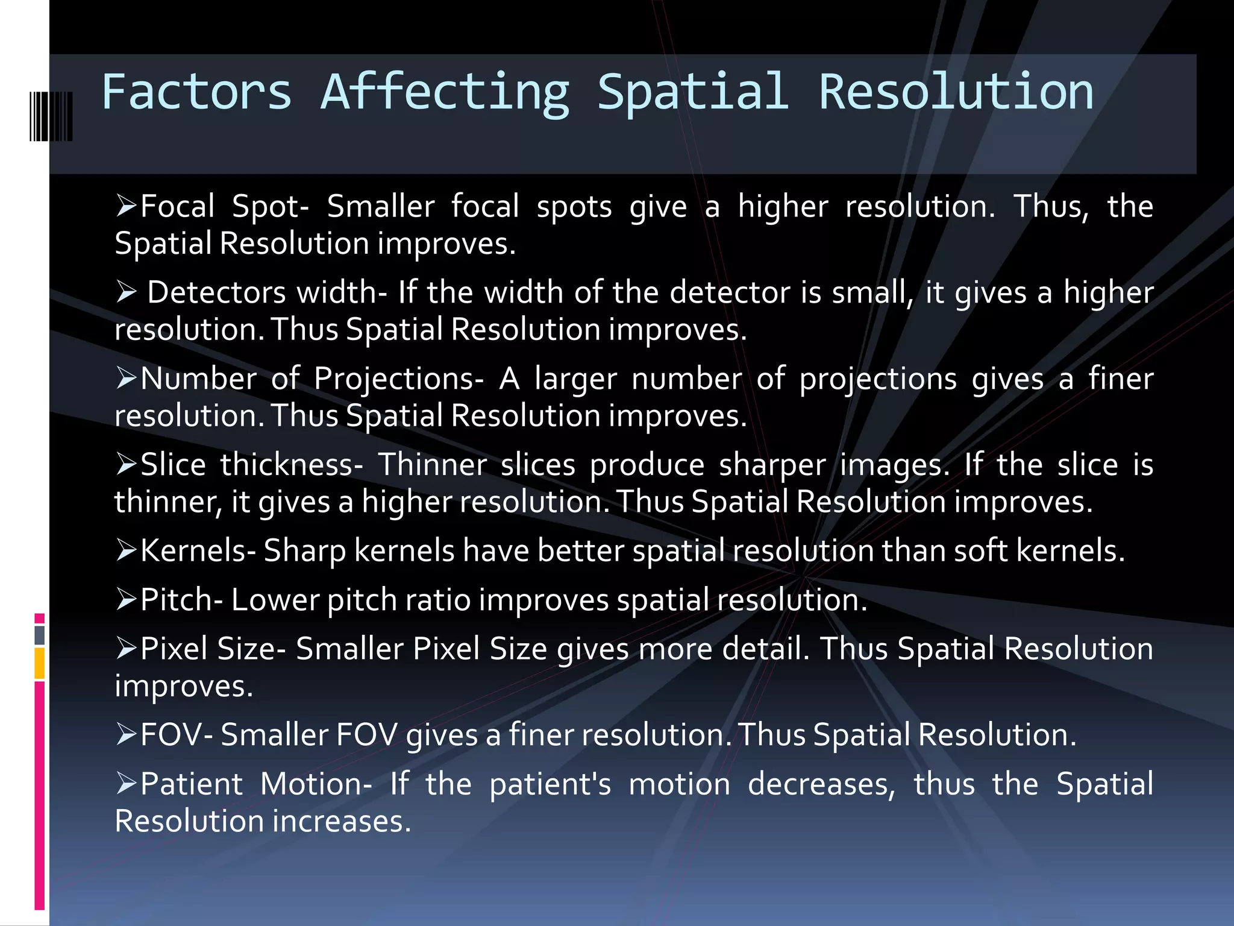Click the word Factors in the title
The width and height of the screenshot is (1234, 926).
pos(196,92)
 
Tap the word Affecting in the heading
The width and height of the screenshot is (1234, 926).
pos(445,93)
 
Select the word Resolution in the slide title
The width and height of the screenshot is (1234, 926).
pos(956,92)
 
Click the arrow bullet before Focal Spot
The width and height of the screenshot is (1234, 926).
pos(126,206)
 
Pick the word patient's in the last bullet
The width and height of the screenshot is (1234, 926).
pos(550,784)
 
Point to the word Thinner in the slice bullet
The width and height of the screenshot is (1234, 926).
pos(432,465)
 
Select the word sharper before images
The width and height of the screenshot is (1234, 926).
pos(772,465)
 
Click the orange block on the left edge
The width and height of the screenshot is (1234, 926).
pos(40,663)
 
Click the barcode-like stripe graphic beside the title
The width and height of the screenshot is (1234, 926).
pos(51,116)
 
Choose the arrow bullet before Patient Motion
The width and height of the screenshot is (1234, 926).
pos(126,784)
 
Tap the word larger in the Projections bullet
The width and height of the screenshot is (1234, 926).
pos(575,379)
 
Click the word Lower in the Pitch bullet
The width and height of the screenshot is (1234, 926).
pos(274,600)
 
